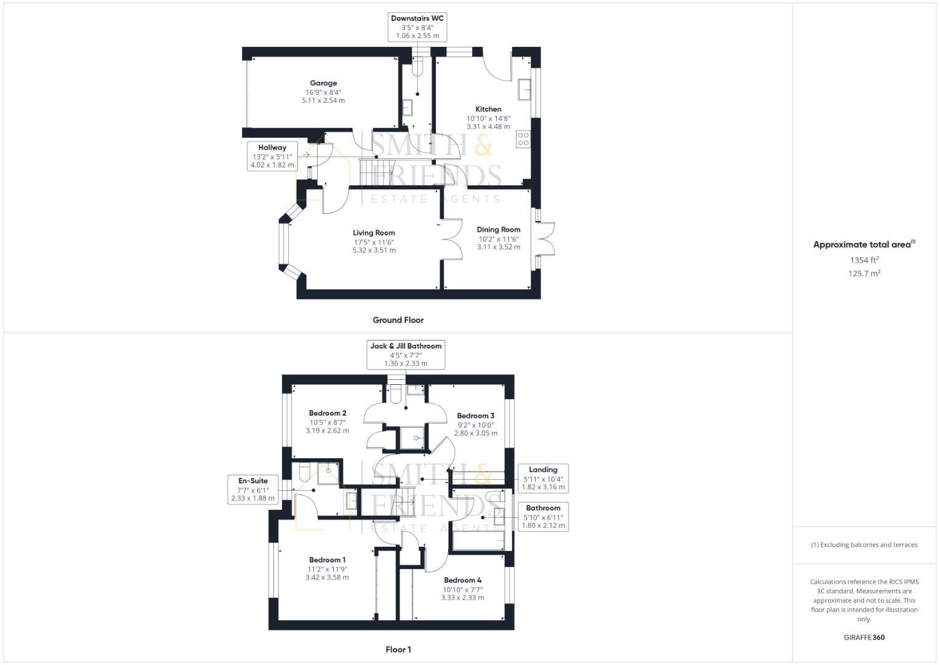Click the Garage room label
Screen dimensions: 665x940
(323, 83)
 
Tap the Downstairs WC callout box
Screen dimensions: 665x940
(417, 27)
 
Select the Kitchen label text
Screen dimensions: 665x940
(488, 109)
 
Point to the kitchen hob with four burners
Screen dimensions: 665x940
(523, 139)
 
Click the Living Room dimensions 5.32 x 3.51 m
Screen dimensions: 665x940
(374, 251)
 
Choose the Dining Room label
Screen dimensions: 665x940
(498, 230)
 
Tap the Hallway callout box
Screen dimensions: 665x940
(272, 156)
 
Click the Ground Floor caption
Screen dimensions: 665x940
(398, 320)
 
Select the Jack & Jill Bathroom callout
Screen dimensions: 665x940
(406, 355)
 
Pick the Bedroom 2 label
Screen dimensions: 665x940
(327, 413)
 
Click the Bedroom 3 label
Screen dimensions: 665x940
(475, 416)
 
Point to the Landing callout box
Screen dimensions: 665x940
(543, 478)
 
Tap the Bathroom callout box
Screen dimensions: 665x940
(543, 517)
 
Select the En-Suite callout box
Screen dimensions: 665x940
(253, 490)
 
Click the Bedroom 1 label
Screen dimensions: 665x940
(327, 560)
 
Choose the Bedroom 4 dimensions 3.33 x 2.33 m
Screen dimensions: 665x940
(462, 598)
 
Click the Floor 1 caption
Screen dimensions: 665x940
(398, 650)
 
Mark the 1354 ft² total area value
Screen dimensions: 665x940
(864, 260)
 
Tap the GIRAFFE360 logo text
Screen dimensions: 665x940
(864, 638)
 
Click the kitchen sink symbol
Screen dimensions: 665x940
(525, 89)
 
